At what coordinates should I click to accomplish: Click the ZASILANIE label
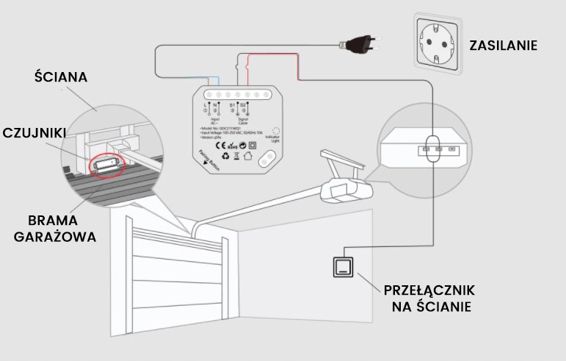[504, 45]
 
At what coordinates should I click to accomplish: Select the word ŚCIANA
[61, 77]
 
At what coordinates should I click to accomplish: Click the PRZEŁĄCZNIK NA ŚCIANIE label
[430, 296]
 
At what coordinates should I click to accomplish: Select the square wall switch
[342, 265]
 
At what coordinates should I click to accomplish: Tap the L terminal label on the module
[206, 105]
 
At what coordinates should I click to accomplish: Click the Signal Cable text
[240, 120]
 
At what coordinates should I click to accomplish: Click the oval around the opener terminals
[432, 149]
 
